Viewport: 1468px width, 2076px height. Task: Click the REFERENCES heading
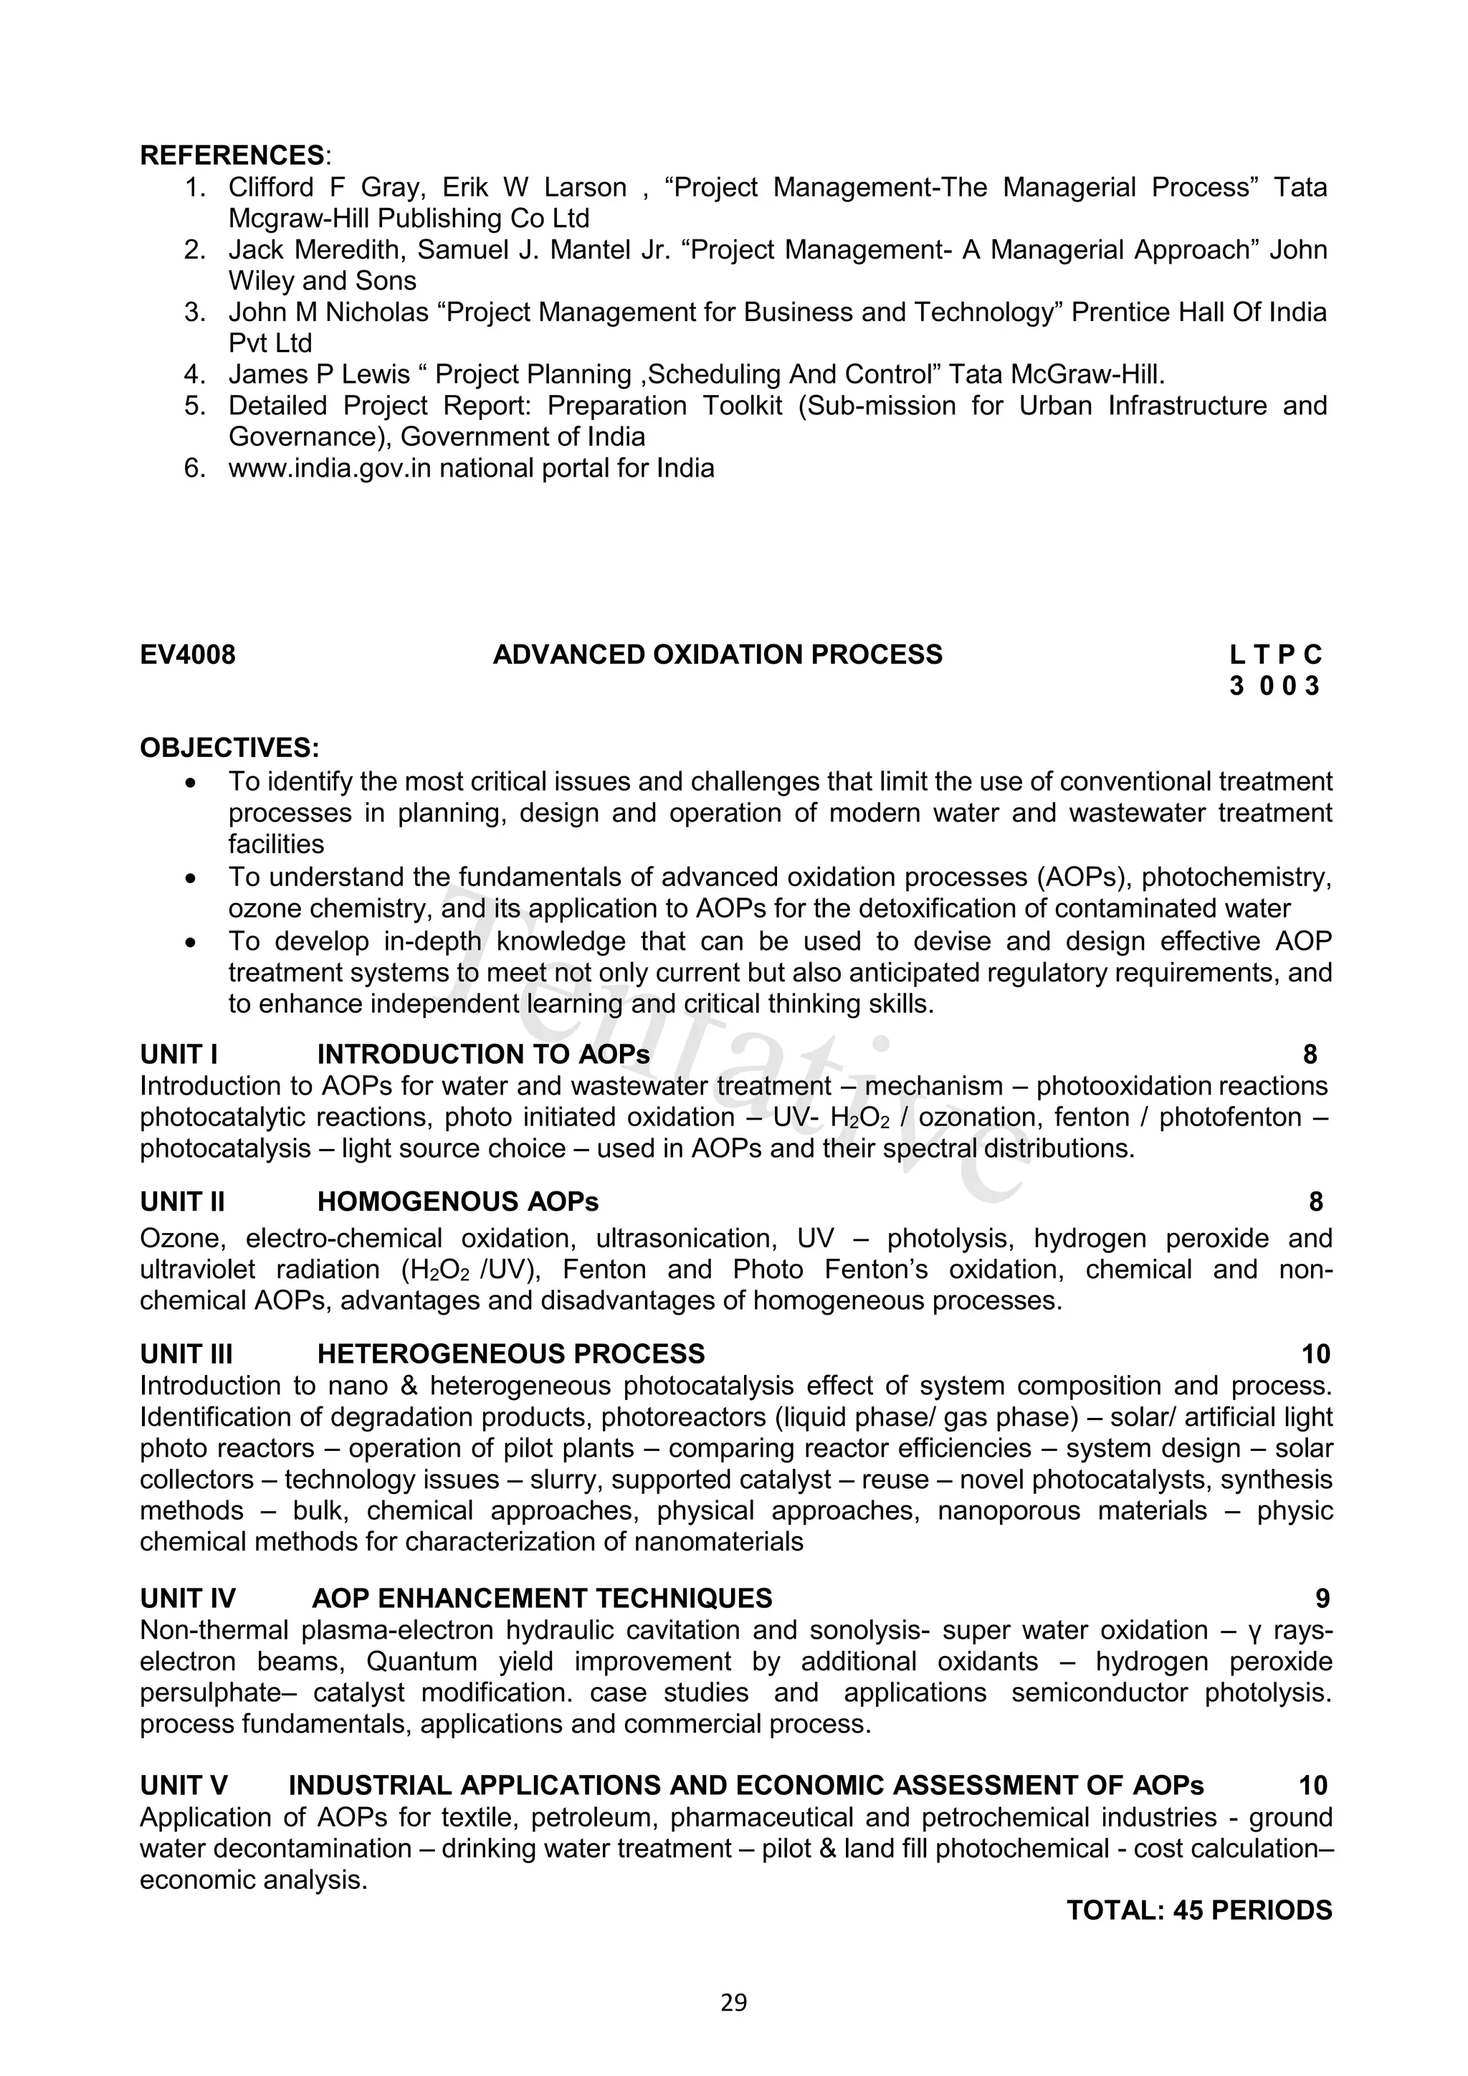232,156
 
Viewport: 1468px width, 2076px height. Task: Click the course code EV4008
187,654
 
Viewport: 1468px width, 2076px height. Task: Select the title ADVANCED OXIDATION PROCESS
717,654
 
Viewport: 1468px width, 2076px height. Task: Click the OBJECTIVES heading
229,748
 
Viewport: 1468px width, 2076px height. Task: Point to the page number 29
733,2003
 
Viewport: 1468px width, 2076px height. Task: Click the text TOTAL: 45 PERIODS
1198,1910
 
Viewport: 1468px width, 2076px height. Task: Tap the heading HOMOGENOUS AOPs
457,1201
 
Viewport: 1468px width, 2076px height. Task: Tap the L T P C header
1274,654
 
